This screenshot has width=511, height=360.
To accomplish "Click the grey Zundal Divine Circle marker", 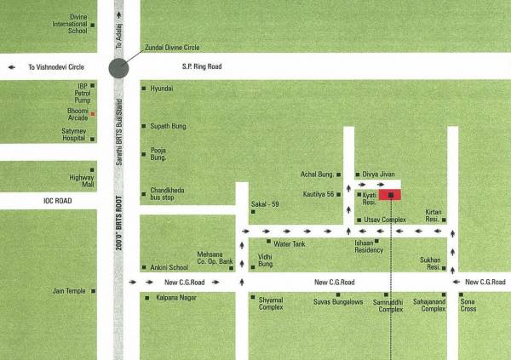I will click(x=118, y=69).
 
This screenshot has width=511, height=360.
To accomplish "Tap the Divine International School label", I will click(x=71, y=24).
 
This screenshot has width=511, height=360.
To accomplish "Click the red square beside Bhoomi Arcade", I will click(x=94, y=113).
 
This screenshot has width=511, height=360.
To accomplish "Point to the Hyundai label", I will click(x=162, y=89).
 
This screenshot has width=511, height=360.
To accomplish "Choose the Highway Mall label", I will click(x=82, y=180).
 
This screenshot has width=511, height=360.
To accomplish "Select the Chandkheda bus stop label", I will click(x=167, y=194).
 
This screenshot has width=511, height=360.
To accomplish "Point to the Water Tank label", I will click(x=288, y=243).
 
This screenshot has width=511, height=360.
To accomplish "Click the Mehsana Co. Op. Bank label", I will click(x=215, y=258).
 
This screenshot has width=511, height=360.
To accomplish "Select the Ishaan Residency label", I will click(x=369, y=247).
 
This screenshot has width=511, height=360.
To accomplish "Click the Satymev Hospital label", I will click(x=75, y=134).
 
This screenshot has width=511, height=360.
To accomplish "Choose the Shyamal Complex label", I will click(x=271, y=303).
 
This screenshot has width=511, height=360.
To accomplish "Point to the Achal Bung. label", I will click(x=317, y=174).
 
